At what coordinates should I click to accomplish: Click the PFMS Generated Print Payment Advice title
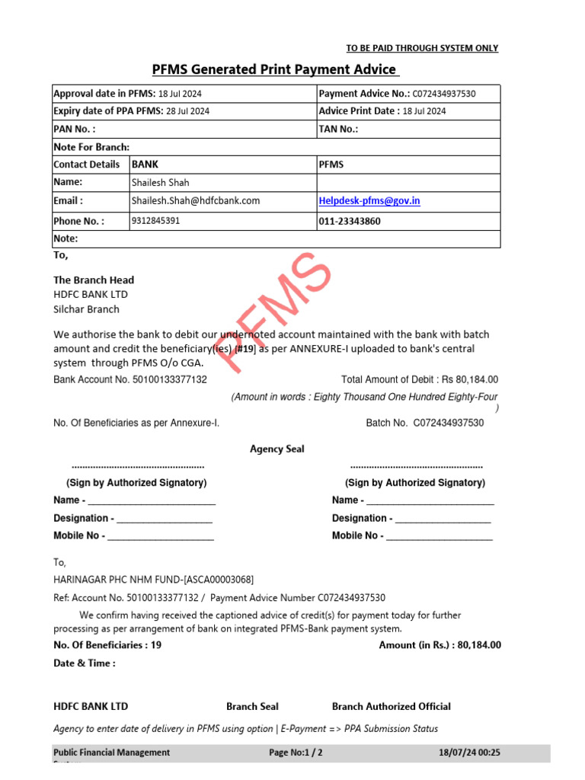(275, 70)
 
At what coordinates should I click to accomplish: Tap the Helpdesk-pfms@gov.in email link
(369, 201)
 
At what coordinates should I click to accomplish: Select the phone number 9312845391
(156, 221)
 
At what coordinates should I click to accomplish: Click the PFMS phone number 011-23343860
(350, 222)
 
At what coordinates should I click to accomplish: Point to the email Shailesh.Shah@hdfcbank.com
(196, 201)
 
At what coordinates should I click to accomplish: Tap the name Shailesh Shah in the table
(161, 183)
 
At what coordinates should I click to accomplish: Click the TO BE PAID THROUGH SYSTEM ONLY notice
(422, 48)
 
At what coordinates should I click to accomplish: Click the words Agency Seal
(277, 449)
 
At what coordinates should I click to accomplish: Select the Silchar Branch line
(86, 309)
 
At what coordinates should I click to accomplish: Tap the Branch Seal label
(252, 706)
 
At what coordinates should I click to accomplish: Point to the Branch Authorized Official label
(392, 706)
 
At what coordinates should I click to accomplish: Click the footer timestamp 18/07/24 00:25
(470, 753)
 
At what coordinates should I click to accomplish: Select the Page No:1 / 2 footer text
(296, 753)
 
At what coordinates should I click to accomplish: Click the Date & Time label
(85, 663)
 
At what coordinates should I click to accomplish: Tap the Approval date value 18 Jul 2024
(180, 94)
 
